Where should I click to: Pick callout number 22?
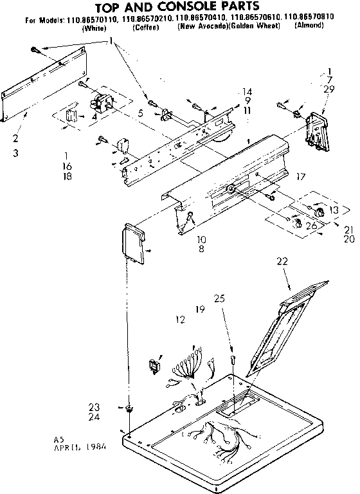point(282,261)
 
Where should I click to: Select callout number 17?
point(300,176)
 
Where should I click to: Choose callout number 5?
point(139,114)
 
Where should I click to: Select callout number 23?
point(94,407)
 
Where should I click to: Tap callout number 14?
point(247,91)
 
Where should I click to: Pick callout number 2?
point(15,138)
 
